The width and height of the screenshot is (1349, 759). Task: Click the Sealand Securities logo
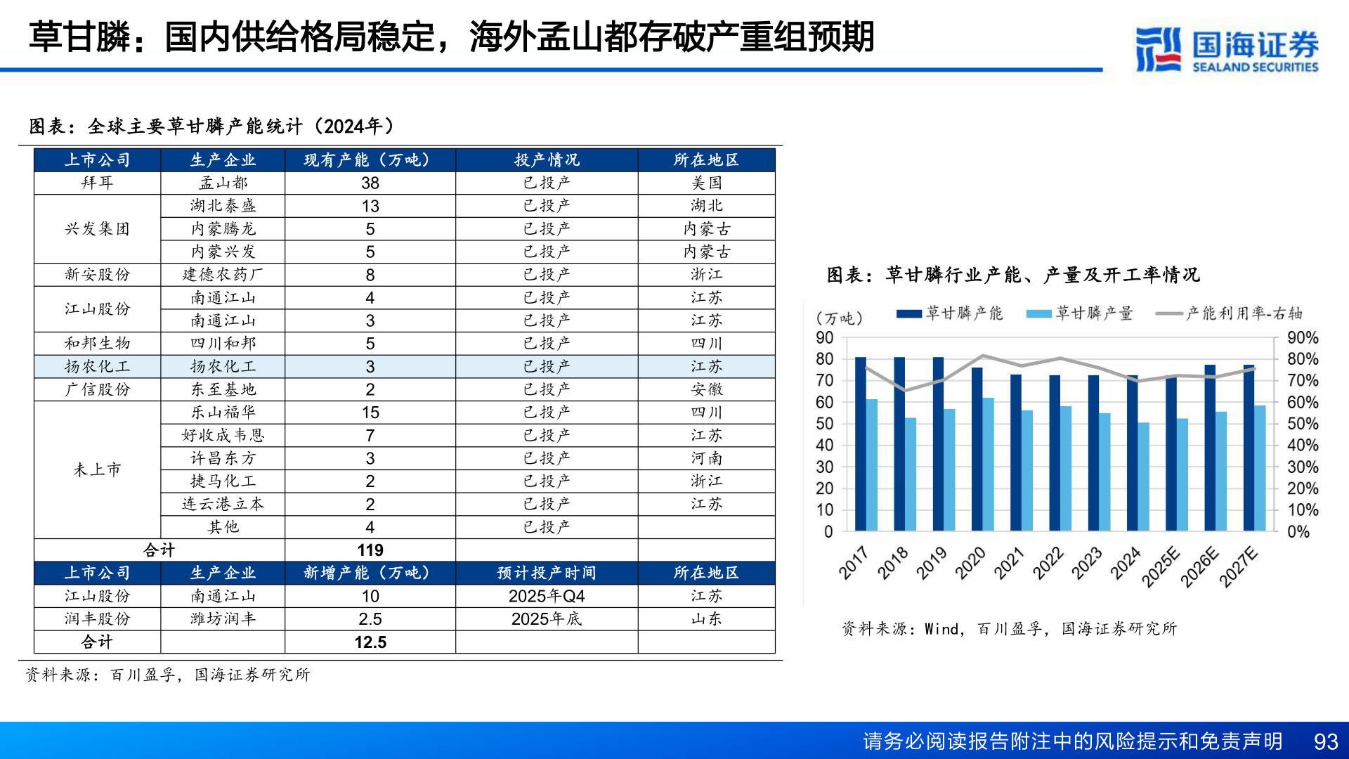1226,49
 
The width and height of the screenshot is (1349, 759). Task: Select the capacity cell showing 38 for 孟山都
370,183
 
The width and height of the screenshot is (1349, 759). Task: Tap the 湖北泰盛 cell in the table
223,206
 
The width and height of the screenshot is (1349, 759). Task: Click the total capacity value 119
370,550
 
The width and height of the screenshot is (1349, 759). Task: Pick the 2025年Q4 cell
547,596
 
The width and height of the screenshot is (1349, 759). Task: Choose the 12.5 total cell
370,642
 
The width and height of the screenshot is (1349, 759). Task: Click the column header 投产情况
547,160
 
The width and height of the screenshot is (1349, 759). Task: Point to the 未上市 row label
97,469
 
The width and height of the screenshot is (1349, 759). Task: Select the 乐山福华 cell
223,413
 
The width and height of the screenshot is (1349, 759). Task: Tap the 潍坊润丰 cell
223,619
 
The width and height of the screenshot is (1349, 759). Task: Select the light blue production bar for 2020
988,464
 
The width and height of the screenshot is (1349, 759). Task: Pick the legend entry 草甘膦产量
1080,313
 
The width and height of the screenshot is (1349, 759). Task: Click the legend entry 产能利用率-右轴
1230,313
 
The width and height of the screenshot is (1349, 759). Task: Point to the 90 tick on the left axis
825,338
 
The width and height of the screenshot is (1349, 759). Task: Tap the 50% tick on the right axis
1303,424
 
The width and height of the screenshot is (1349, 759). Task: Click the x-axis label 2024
1125,562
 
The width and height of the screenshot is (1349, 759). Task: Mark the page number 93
1326,741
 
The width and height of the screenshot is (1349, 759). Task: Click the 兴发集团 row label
97,229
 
